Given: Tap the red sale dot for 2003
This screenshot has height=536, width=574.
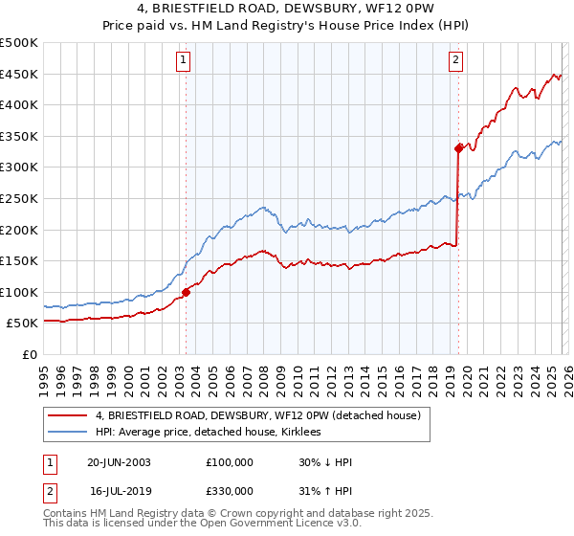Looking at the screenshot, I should (186, 292).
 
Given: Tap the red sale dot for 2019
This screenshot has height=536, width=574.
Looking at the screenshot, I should (458, 147).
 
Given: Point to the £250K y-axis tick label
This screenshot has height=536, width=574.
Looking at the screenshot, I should (20, 198).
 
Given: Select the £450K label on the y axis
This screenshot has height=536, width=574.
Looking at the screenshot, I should (20, 74).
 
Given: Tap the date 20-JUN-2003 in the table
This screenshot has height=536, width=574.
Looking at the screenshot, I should (119, 462).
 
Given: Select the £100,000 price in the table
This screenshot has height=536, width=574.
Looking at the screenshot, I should (229, 462).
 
